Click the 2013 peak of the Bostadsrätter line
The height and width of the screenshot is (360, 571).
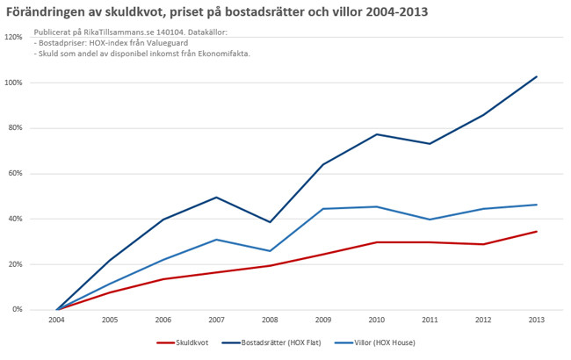click(x=536, y=76)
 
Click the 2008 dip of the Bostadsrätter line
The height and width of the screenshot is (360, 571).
click(x=270, y=222)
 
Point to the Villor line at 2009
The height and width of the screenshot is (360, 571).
click(x=323, y=209)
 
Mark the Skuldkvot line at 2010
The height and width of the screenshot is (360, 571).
click(x=377, y=242)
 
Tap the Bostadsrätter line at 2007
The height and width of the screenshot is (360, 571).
click(x=216, y=198)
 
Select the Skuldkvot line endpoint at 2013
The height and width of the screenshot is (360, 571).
click(x=536, y=232)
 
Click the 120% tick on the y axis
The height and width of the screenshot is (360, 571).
click(x=13, y=38)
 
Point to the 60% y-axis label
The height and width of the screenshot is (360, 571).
click(x=15, y=174)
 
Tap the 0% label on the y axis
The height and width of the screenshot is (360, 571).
click(x=17, y=310)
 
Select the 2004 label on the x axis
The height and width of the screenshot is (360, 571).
click(x=56, y=320)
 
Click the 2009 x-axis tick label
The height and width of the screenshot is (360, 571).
click(x=323, y=320)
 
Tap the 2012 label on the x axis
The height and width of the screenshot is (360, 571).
click(x=483, y=320)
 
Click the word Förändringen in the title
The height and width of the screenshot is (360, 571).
click(x=50, y=12)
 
